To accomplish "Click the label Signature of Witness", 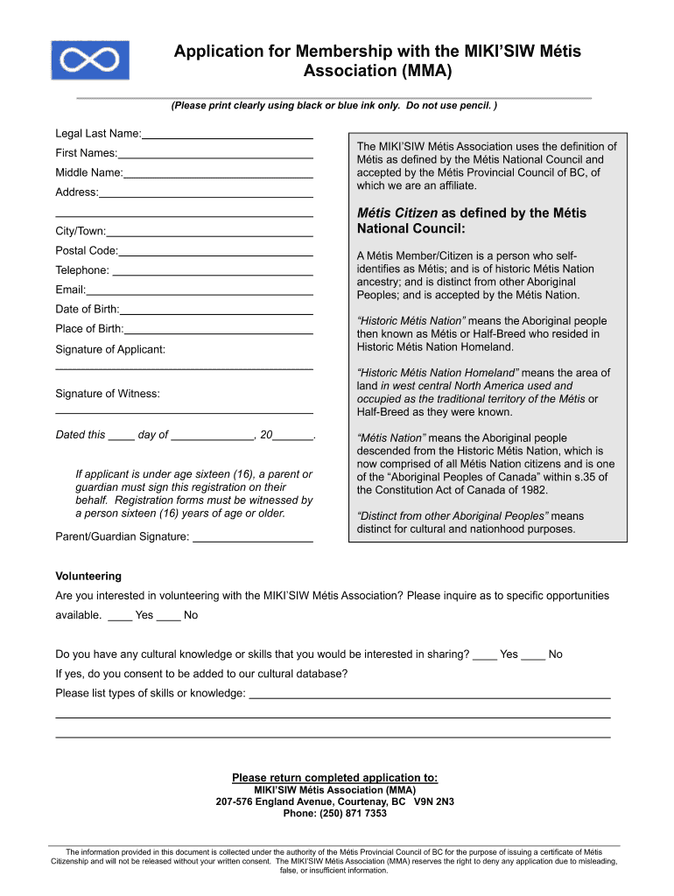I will point(108,394).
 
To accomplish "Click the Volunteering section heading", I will point(88,576).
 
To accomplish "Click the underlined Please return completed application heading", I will point(334,777).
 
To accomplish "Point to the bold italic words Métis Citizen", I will point(397,213).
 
